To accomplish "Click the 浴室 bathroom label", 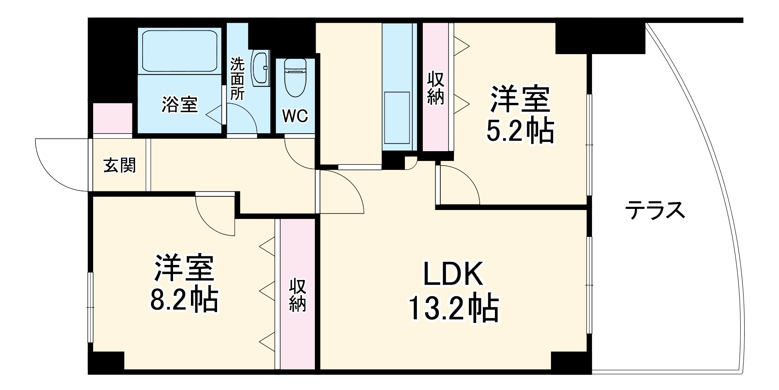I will click(x=180, y=104).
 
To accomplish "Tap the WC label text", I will click(x=295, y=116).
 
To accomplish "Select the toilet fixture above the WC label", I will click(x=295, y=77).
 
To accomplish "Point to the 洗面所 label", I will click(x=237, y=79).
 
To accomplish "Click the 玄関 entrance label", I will click(x=120, y=166).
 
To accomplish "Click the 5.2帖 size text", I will click(x=520, y=131).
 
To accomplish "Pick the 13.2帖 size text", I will click(x=453, y=309).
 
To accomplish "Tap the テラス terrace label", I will click(x=655, y=210).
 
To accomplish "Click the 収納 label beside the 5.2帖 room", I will click(x=436, y=88).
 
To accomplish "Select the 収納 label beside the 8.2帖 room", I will click(x=297, y=295).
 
